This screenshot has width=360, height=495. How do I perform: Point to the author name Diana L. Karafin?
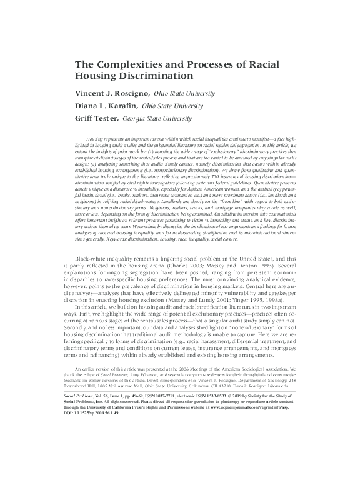tap(103, 106)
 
